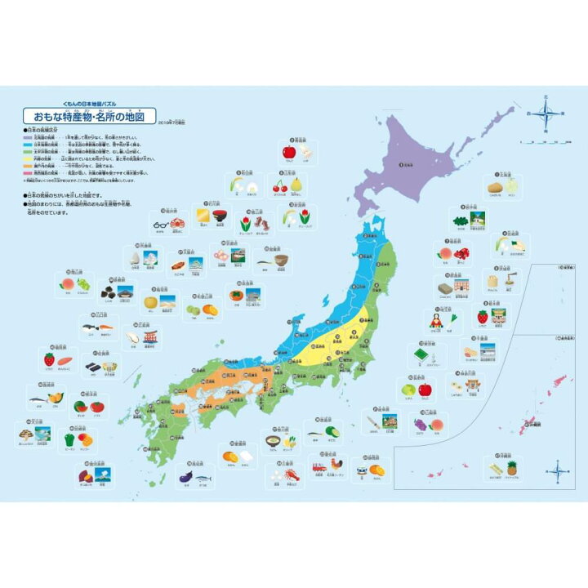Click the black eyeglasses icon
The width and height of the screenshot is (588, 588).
[x=161, y=220]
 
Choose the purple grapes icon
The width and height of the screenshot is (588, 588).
[x=421, y=424]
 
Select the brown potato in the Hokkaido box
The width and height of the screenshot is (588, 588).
[x=494, y=187]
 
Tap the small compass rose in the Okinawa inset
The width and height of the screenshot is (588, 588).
[x=558, y=470]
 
